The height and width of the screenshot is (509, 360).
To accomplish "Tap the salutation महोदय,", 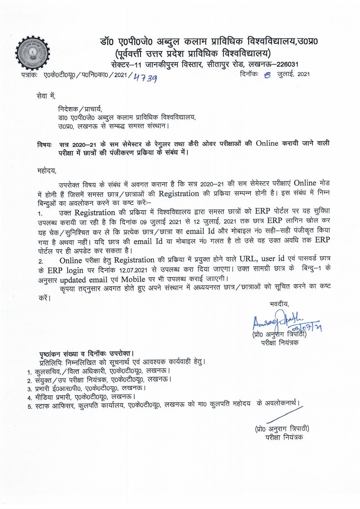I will point(47,171).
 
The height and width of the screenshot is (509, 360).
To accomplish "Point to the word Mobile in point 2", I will point(133,279).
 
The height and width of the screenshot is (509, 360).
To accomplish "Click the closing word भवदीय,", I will point(279,304).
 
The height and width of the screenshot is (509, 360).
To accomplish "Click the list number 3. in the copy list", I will point(29,389).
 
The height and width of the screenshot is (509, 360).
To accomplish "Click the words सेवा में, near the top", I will point(46,95).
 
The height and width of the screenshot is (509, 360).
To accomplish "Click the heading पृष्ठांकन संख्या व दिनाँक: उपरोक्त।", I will point(86,354).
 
